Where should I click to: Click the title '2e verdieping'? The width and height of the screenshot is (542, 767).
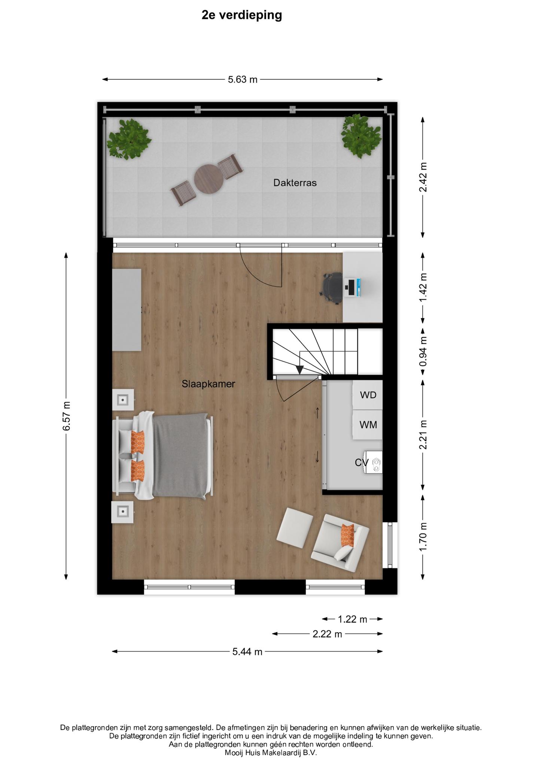tap(241, 15)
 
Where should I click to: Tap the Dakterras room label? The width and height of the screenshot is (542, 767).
tap(295, 183)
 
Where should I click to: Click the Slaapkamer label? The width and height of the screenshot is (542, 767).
tap(208, 384)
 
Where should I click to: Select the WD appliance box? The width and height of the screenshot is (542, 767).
tap(368, 395)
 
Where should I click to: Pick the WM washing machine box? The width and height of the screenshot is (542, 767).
tap(368, 425)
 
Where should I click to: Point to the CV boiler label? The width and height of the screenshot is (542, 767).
tap(362, 463)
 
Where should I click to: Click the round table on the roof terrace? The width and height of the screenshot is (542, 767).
tap(209, 179)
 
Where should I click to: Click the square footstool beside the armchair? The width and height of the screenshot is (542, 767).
tap(295, 525)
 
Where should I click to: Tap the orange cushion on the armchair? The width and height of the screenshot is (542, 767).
tap(347, 535)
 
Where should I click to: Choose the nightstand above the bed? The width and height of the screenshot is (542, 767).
tap(123, 400)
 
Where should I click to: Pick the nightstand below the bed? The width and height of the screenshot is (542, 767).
tap(123, 512)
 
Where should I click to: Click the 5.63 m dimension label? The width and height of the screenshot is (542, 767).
tap(243, 79)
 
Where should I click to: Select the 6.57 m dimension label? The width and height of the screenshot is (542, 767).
tap(66, 416)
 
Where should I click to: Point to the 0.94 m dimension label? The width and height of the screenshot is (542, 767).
tap(423, 352)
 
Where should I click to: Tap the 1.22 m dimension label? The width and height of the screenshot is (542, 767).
tap(353, 619)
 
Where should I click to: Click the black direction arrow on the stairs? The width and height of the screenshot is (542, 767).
tap(299, 370)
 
